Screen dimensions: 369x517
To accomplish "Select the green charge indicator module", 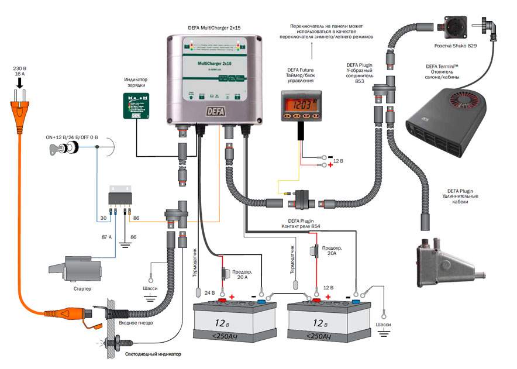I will pyautogui.click(x=135, y=106).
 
